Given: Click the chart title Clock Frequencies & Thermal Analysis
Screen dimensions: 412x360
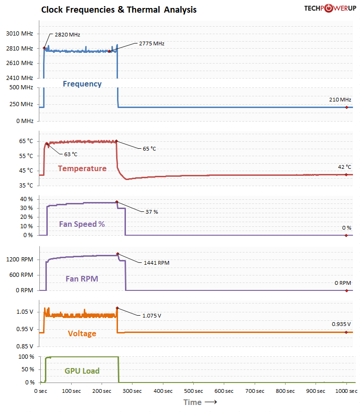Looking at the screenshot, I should [119, 10].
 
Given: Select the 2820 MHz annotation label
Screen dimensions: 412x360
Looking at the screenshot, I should [67, 35].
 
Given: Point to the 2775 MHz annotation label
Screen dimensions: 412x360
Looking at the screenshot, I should [152, 43].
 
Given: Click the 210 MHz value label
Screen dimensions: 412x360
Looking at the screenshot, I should [339, 100].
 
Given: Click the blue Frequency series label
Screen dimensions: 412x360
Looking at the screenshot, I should [82, 84].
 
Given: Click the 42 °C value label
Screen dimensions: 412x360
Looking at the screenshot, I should [345, 167].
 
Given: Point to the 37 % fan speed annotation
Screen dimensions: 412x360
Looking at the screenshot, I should [152, 212].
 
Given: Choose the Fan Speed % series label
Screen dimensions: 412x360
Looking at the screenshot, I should [82, 224].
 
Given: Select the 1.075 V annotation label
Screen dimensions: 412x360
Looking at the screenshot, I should [152, 316].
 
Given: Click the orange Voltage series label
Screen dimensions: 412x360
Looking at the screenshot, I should [82, 333].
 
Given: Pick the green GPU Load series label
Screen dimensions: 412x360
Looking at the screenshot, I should [82, 371].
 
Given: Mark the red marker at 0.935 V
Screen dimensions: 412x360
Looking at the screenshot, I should [346, 332].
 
